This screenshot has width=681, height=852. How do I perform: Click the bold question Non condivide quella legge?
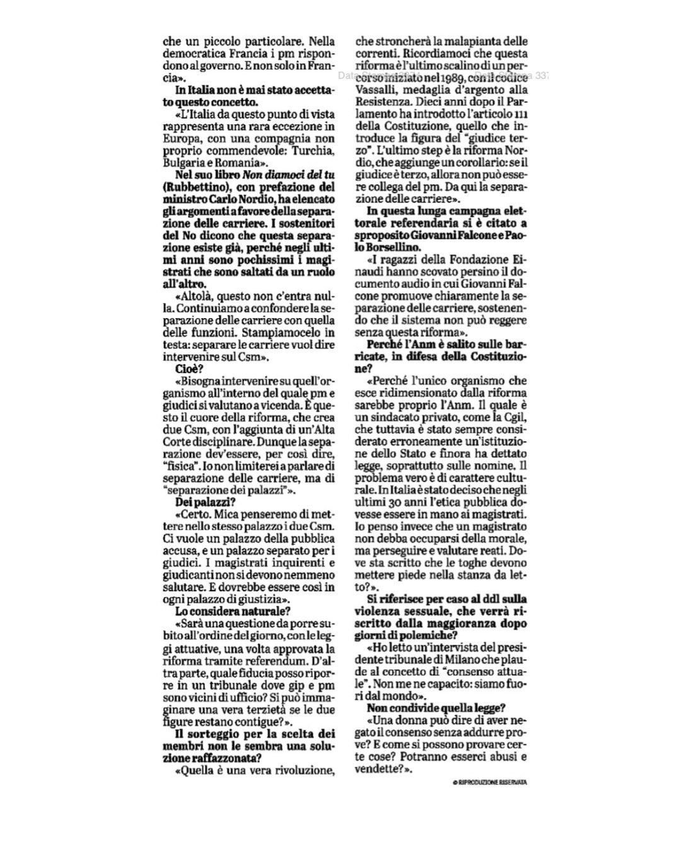pyautogui.click(x=436, y=709)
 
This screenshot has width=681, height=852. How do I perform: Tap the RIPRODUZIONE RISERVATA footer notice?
pyautogui.click(x=490, y=781)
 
